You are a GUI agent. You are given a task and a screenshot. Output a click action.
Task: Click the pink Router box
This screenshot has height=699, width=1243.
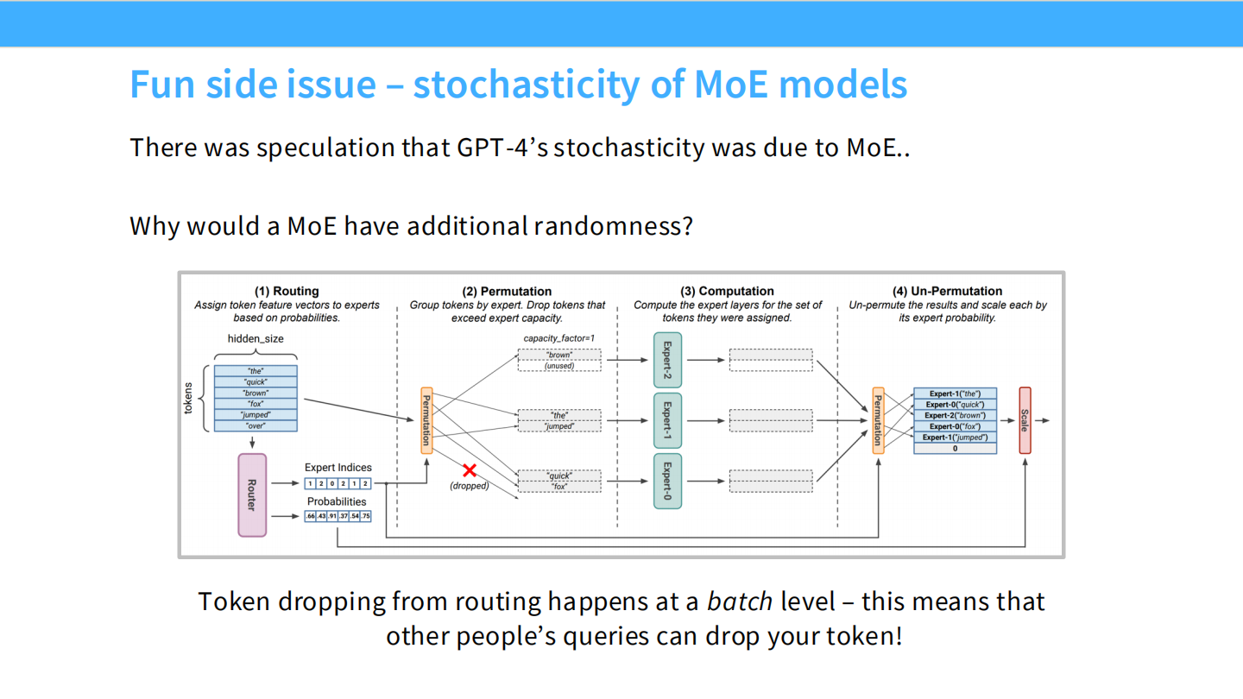pyautogui.click(x=252, y=494)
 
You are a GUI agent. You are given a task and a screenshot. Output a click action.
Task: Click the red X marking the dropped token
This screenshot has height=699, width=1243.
pyautogui.click(x=470, y=470)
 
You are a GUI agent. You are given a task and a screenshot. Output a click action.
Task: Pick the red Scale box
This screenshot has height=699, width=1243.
pyautogui.click(x=1025, y=420)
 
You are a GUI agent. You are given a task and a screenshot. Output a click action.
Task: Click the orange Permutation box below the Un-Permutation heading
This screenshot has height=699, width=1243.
pyautogui.click(x=878, y=420)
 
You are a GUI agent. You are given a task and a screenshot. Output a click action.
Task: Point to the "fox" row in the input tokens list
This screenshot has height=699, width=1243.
pyautogui.click(x=256, y=404)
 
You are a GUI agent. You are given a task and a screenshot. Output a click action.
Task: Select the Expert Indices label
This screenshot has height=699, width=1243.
pyautogui.click(x=338, y=468)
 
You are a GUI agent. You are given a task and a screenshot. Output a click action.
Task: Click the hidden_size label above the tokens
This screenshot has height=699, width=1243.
pyautogui.click(x=256, y=339)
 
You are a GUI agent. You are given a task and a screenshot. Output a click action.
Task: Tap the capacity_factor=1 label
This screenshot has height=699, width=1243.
pyautogui.click(x=559, y=338)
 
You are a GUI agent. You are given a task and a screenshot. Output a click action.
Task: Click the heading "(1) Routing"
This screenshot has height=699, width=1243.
pyautogui.click(x=287, y=292)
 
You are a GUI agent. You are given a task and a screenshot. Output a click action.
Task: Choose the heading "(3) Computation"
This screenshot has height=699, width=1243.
pyautogui.click(x=727, y=292)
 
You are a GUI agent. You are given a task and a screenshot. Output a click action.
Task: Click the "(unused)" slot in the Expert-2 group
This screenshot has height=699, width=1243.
pyautogui.click(x=559, y=366)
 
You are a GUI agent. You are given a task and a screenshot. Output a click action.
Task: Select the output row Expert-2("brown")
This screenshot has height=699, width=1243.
pyautogui.click(x=955, y=415)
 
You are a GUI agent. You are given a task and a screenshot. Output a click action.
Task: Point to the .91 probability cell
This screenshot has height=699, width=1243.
pyautogui.click(x=332, y=516)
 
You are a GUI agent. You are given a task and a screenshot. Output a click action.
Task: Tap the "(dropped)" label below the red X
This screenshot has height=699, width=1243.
pyautogui.click(x=470, y=486)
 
